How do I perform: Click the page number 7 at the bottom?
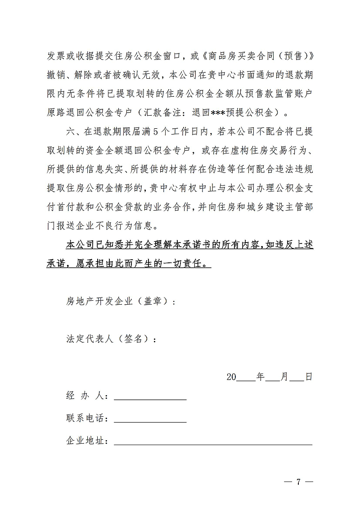coord(298,482)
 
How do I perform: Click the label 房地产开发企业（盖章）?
coord(121,302)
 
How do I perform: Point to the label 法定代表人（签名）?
coord(111,339)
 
